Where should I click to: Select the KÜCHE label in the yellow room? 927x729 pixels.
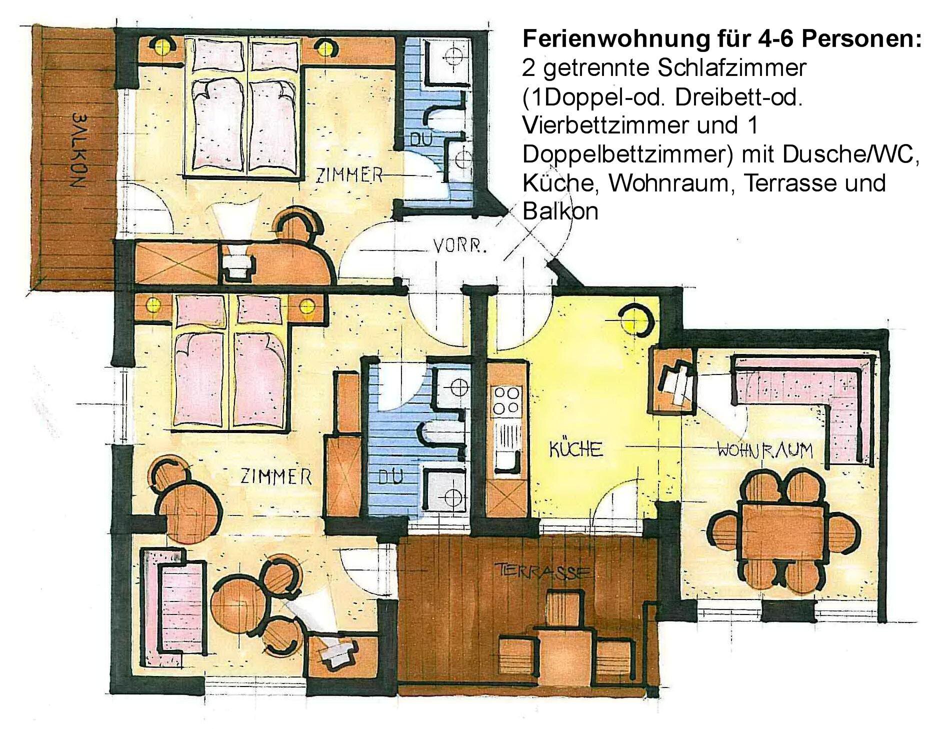click(576, 448)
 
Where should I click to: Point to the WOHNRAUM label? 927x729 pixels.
click(765, 450)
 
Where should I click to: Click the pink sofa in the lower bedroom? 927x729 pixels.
click(172, 605)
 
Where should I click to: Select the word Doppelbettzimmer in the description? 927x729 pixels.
click(627, 155)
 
